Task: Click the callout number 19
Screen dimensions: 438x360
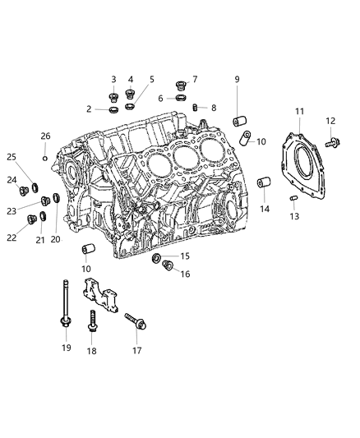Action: tap(67, 348)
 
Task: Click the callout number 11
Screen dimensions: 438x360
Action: tap(299, 111)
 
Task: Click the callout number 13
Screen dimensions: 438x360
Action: tap(294, 217)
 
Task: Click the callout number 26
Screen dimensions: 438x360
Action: tap(46, 136)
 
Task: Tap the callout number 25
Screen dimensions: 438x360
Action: tap(12, 157)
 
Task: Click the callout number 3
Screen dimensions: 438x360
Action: tap(114, 79)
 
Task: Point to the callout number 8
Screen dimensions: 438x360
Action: tap(213, 108)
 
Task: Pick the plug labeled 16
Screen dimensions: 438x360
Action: tap(168, 265)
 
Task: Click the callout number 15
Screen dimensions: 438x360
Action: tap(185, 256)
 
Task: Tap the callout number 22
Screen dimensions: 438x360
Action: tap(11, 238)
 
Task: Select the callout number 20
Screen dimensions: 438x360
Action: tap(56, 239)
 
